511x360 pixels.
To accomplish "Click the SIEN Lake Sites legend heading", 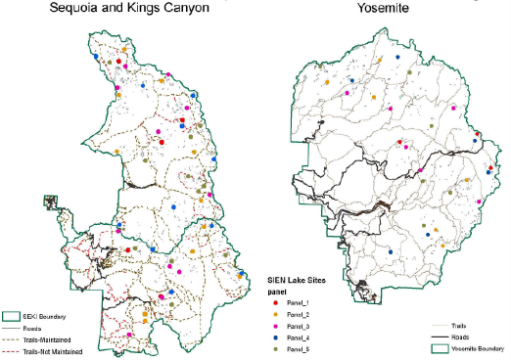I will (x=299, y=280).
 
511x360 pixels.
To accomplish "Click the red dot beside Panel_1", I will (x=277, y=303).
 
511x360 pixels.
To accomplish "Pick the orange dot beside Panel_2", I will (x=277, y=316).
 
